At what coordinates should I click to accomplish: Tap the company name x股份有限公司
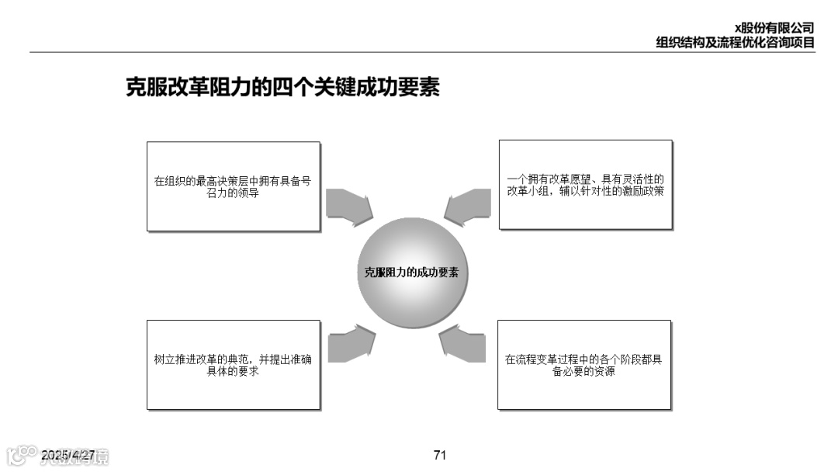coord(774,29)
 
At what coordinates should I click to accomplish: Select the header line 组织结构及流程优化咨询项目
coord(735,43)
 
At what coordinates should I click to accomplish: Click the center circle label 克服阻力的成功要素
coord(411,272)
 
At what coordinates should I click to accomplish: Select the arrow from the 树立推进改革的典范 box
coord(351,342)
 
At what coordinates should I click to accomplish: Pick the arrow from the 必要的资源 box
coord(463,343)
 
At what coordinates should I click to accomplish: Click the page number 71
coord(440,455)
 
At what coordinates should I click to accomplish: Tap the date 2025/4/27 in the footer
coord(68,454)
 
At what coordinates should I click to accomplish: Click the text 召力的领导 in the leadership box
coord(233,193)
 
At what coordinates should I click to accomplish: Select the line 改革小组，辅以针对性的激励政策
coord(585,191)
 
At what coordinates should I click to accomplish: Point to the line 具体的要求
coord(233,372)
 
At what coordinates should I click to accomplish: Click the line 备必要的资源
coord(583,372)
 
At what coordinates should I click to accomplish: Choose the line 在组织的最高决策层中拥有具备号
coord(233,181)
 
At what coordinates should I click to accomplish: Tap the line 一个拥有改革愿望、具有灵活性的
coord(585,179)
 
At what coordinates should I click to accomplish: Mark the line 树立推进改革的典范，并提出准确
coord(233,359)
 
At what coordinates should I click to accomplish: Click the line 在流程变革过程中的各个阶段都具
coord(583,359)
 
